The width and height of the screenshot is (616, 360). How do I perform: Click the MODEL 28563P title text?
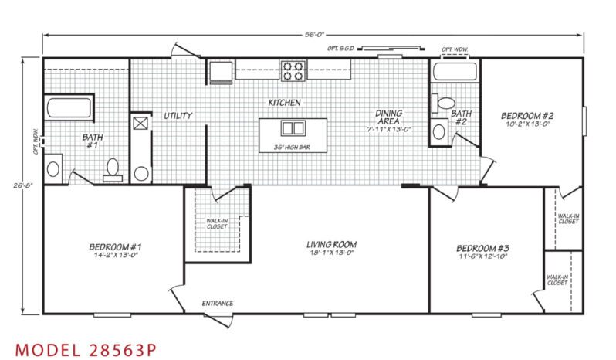point(86,349)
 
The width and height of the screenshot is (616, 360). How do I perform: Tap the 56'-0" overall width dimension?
point(314,35)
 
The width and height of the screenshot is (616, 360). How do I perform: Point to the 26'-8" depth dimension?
point(22,185)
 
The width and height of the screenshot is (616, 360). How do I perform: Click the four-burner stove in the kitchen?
point(293,71)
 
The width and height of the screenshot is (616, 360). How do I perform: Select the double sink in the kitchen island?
point(293,128)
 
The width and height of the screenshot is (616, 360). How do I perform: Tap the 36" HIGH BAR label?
point(292,148)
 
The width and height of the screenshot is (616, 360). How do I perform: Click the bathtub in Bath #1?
point(69,107)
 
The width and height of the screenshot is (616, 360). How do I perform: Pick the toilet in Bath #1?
point(113,170)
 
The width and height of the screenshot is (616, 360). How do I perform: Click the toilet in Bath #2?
point(443,104)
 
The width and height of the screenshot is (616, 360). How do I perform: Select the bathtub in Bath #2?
point(455,71)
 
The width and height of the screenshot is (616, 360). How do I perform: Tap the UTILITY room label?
point(178,116)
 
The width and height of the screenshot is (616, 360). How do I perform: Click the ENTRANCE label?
point(218,303)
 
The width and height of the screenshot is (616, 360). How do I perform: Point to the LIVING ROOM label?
point(332,244)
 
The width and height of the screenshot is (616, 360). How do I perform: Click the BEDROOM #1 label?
point(115,246)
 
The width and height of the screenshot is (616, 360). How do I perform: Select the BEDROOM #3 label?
point(482,249)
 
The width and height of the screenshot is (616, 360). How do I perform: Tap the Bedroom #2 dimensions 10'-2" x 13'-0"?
point(527,124)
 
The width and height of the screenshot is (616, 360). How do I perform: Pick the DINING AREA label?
point(388,117)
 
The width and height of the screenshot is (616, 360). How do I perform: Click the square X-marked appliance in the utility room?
point(140,123)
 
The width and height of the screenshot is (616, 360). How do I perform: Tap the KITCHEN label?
point(284,103)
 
